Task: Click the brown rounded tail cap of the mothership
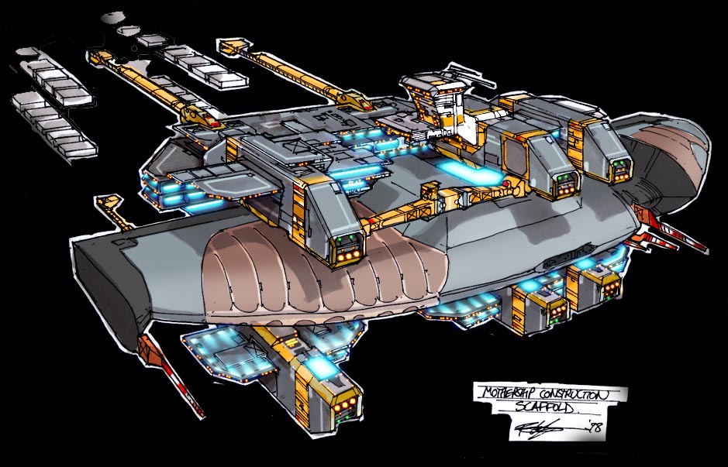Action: pyautogui.click(x=675, y=155)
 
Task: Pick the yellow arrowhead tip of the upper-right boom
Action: pyautogui.click(x=229, y=48)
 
